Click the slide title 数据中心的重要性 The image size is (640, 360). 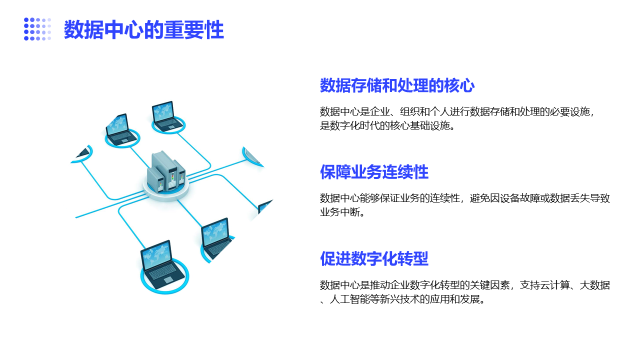(x=143, y=29)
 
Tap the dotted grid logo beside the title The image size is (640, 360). (x=37, y=29)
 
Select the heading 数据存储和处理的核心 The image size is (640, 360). (x=397, y=85)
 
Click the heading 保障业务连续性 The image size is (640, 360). (x=374, y=171)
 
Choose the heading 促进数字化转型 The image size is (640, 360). (x=374, y=258)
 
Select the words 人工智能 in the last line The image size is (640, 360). (x=349, y=299)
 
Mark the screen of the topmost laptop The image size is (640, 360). (x=163, y=110)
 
